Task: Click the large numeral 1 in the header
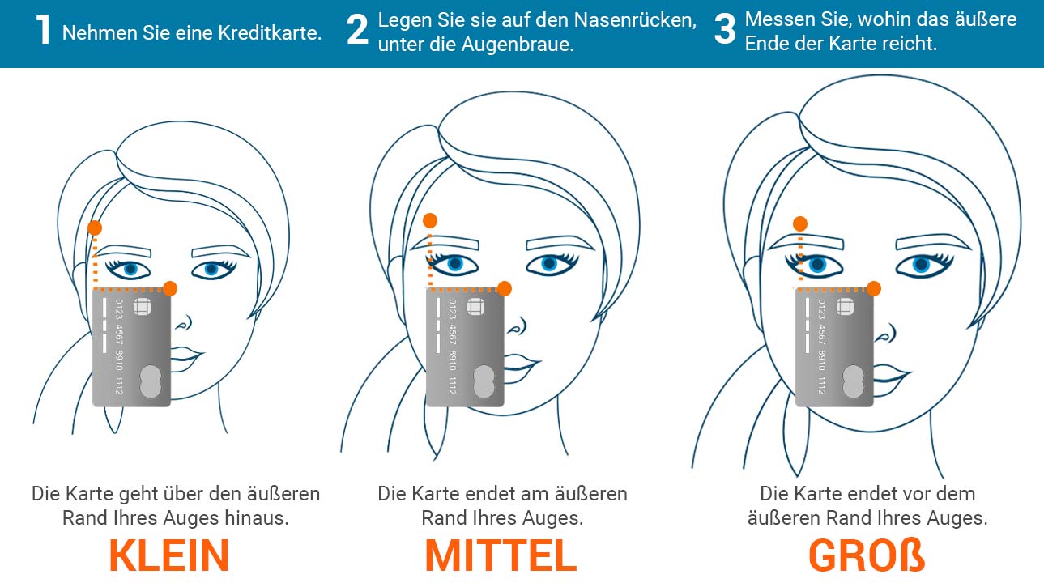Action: tap(44, 30)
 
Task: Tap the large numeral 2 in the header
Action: tap(357, 30)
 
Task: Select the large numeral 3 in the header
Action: tap(725, 30)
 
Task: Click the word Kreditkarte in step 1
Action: tap(270, 33)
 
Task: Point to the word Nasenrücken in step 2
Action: tap(635, 20)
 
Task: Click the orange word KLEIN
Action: tap(169, 555)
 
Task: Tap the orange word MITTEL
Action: tap(501, 555)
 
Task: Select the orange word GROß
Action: tap(867, 555)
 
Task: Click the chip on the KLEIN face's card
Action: tap(142, 307)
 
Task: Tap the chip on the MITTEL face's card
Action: tap(475, 307)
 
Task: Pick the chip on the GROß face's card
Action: tap(845, 307)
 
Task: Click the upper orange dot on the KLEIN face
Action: tap(95, 228)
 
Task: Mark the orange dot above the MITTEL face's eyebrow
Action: tap(430, 220)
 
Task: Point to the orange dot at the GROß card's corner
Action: tap(874, 288)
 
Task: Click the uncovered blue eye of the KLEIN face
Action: tap(212, 269)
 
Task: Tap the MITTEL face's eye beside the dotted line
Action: tap(454, 264)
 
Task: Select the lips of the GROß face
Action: tap(891, 376)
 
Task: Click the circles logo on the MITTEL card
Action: tap(484, 381)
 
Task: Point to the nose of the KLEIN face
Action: tap(184, 322)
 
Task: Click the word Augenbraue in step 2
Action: tap(517, 45)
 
